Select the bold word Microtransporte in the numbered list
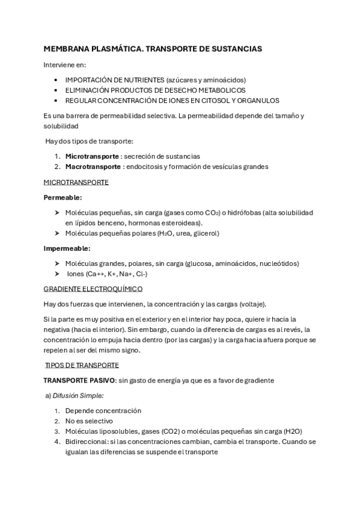91,156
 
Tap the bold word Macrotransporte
93,166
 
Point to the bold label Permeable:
63,197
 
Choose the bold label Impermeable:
67,248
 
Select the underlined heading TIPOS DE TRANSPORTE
82,365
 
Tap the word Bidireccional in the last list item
88,441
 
